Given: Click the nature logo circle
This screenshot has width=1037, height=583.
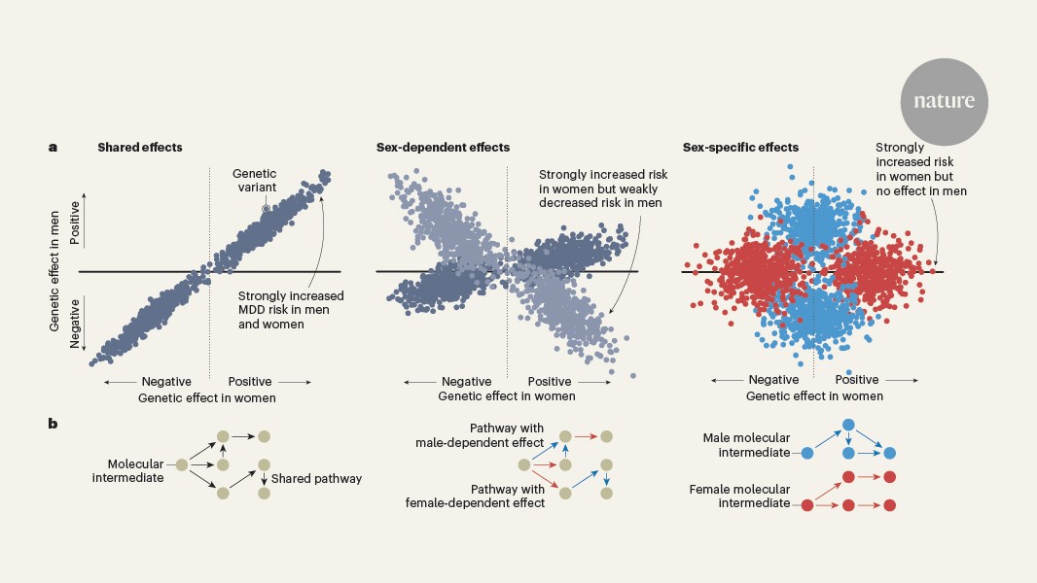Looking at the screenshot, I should [x=943, y=101].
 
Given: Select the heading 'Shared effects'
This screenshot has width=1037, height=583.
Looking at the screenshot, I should [x=140, y=148].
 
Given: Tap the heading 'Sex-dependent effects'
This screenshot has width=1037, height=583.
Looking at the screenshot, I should [x=443, y=148].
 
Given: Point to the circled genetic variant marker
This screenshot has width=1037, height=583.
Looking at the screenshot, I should [x=266, y=209].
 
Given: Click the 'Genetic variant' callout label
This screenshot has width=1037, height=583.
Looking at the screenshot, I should [x=254, y=181].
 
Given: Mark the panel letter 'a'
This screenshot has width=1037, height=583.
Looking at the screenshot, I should [x=53, y=148].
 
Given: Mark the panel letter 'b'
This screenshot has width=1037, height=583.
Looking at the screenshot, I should [x=53, y=424].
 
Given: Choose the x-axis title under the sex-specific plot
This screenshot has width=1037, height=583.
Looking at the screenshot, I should [x=814, y=396].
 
